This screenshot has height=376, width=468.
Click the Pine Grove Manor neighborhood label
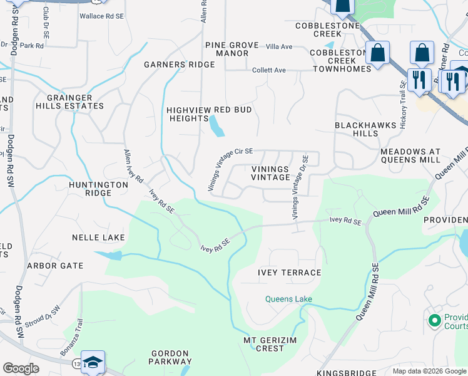click(x=227, y=49)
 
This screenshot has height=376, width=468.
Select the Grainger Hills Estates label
click(x=75, y=102)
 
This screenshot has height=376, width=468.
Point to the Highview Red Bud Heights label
click(x=209, y=114)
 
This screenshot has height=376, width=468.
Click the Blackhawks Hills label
click(x=365, y=129)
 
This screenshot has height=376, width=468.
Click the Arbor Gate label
click(x=55, y=266)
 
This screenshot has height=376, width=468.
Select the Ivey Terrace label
click(x=289, y=273)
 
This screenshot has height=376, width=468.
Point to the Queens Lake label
click(x=288, y=299)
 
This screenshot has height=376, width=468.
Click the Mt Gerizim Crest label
click(x=263, y=344)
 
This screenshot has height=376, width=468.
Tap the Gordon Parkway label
click(x=170, y=357)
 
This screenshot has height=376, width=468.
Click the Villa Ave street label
click(x=279, y=47)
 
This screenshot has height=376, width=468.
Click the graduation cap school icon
click(x=93, y=362)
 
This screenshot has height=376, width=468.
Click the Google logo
click(x=21, y=368)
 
